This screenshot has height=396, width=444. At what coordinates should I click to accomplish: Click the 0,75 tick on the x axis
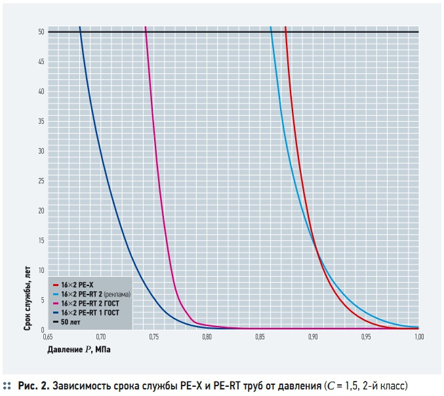153,337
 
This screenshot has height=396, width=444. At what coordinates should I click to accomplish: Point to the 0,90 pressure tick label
313,337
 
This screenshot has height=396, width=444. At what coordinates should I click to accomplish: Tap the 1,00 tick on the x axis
419,337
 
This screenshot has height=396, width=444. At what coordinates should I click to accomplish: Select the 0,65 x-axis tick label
48,337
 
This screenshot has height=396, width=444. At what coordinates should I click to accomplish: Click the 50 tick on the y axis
41,32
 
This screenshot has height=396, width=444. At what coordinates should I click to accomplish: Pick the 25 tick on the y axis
41,181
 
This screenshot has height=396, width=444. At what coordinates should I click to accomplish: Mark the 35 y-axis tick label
41,121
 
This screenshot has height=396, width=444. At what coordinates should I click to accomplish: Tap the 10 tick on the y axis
41,270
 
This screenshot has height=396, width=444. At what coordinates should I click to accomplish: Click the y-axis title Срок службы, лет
27,298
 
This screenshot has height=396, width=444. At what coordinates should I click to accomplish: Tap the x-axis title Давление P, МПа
79,350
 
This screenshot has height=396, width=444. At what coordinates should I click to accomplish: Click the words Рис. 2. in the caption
33,386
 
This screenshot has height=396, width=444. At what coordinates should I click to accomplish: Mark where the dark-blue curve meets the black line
80,32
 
